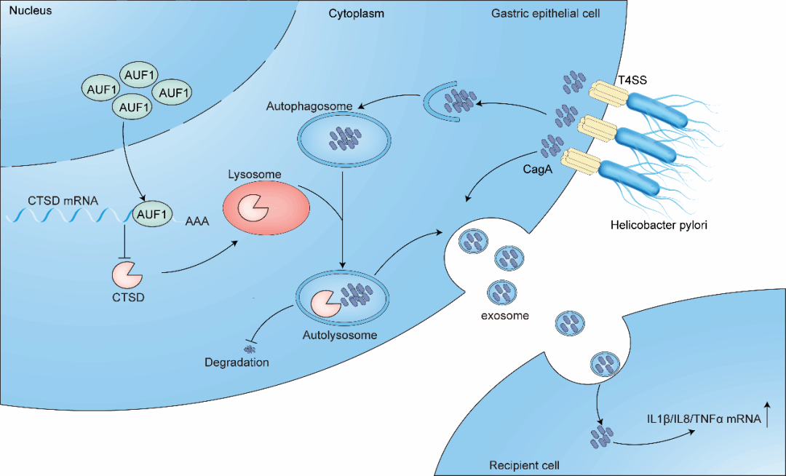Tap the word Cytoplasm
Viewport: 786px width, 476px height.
356,13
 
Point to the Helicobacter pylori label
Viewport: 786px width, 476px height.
659,226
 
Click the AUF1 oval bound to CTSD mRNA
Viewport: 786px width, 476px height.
152,215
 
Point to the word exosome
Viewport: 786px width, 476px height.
504,316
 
